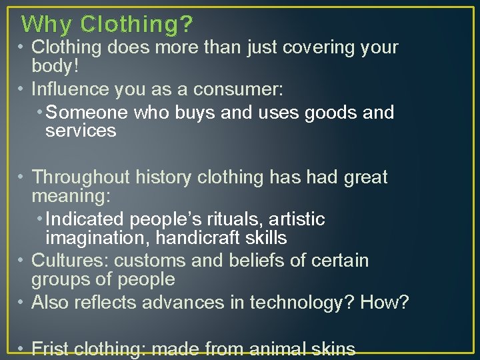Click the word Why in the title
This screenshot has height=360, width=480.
[46, 25]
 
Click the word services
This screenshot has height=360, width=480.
[81, 131]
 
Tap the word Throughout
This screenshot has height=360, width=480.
[81, 177]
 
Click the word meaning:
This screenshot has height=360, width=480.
[71, 197]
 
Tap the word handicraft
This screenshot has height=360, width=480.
[205, 238]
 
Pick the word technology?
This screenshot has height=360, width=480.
[302, 303]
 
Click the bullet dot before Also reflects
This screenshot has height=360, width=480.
[22, 303]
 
